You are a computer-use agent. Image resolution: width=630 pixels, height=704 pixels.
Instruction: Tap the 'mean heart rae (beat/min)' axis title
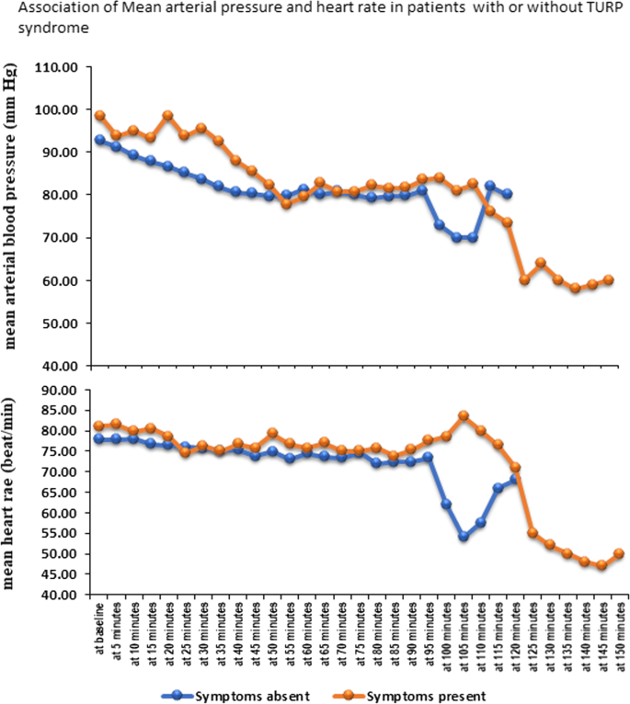[x=16, y=494]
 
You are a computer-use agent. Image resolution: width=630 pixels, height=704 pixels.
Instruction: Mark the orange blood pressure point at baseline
[x=99, y=116]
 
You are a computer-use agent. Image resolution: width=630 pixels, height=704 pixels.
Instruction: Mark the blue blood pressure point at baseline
[x=99, y=140]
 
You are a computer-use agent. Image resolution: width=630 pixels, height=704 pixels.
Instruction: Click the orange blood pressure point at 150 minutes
[x=608, y=279]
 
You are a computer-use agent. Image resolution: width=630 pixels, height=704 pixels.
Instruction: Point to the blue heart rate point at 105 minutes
[x=464, y=537]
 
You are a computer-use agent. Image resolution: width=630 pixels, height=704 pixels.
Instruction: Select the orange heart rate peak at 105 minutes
[x=464, y=415]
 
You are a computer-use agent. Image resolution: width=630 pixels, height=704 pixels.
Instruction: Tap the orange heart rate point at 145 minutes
[x=601, y=565]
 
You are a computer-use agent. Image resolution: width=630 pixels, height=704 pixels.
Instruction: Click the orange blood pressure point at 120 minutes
[x=507, y=222]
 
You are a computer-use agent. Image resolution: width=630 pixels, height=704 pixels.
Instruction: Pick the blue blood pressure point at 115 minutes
[x=490, y=186]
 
